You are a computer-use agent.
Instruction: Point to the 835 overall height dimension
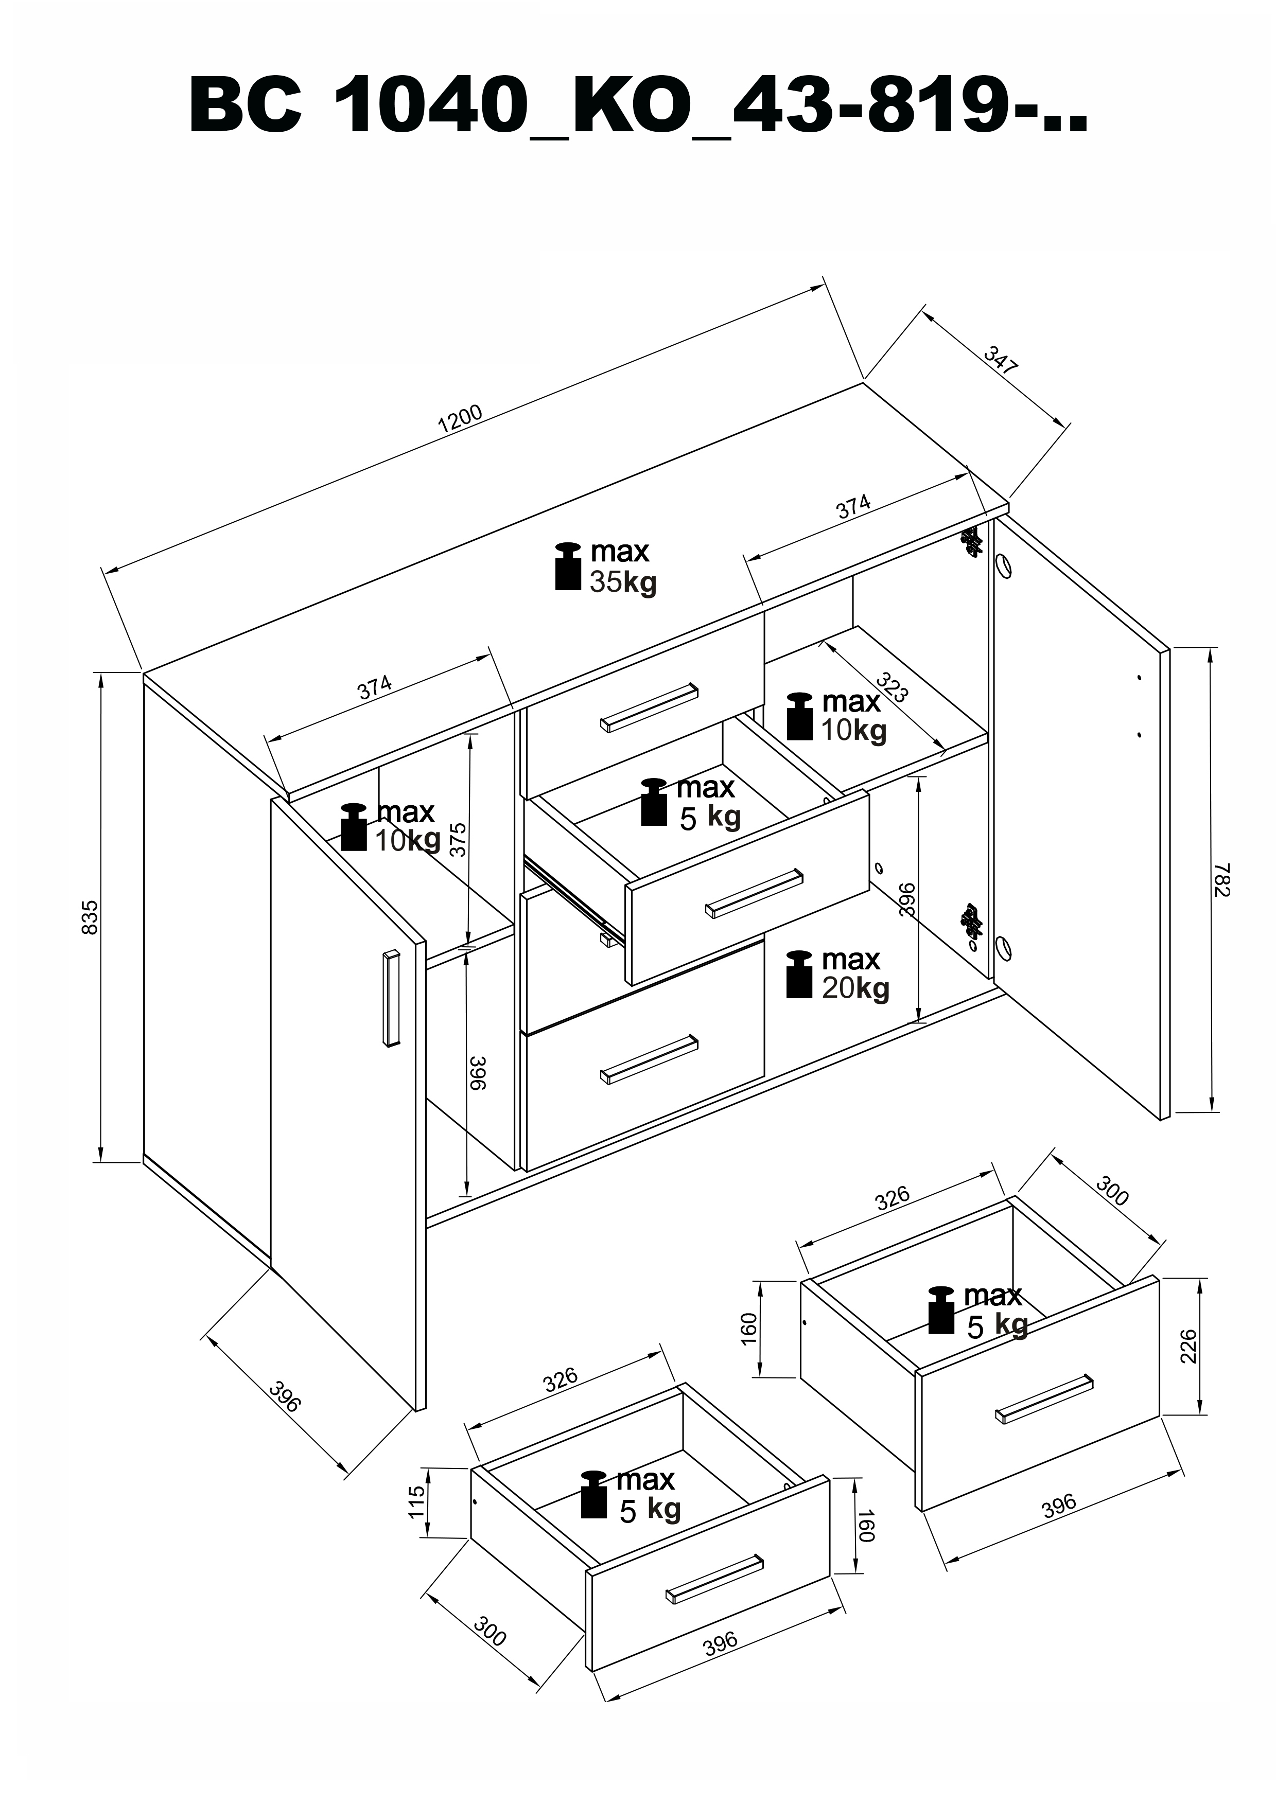pyautogui.click(x=91, y=917)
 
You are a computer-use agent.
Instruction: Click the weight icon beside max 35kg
pyautogui.click(x=568, y=565)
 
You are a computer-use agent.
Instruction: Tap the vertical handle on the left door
pyautogui.click(x=391, y=998)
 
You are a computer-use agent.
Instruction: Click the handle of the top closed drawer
pyautogui.click(x=650, y=707)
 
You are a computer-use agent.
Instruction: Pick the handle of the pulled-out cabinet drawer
pyautogui.click(x=754, y=893)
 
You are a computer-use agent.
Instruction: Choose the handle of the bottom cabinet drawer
pyautogui.click(x=650, y=1059)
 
